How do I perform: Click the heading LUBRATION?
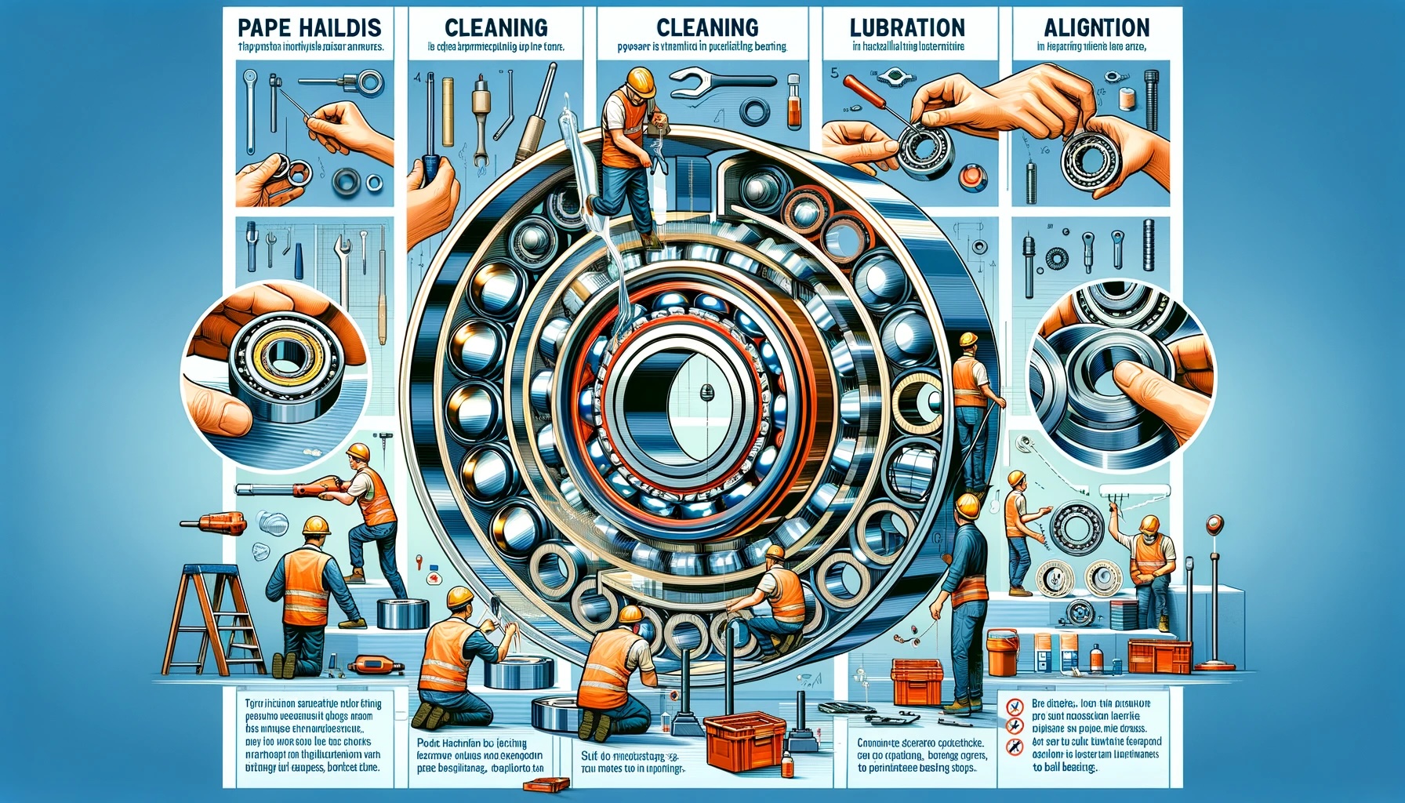(x=907, y=27)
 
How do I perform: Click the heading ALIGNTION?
(x=1096, y=27)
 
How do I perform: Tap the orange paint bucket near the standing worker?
(x=1002, y=653)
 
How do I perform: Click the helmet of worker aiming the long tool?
(x=358, y=452)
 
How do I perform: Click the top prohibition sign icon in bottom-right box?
(x=1015, y=707)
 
